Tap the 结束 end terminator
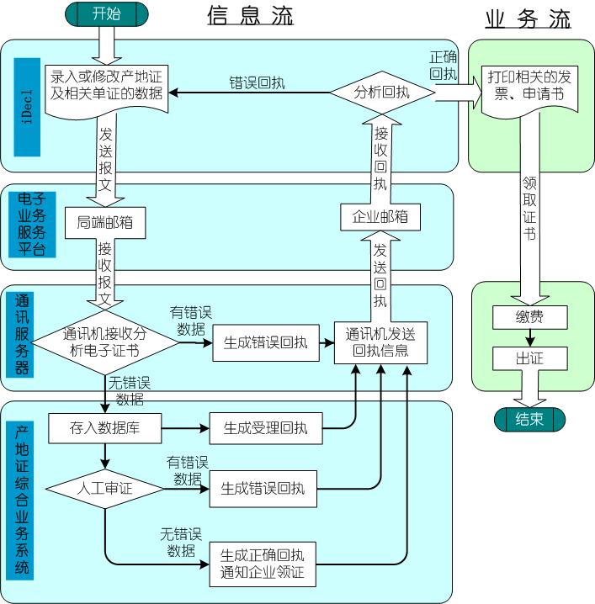tap(529, 419)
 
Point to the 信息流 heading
tap(250, 16)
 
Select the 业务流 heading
tap(528, 19)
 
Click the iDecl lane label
tap(28, 108)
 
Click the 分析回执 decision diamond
tap(381, 93)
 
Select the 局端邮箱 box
tap(105, 223)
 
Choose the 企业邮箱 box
tap(380, 216)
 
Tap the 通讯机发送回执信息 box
tap(380, 342)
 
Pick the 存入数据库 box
tap(105, 428)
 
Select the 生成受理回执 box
tap(265, 428)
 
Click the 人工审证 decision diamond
tap(104, 487)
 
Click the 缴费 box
tap(529, 317)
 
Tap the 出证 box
tap(529, 358)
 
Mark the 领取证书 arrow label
tap(529, 207)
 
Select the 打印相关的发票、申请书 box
tap(529, 86)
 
